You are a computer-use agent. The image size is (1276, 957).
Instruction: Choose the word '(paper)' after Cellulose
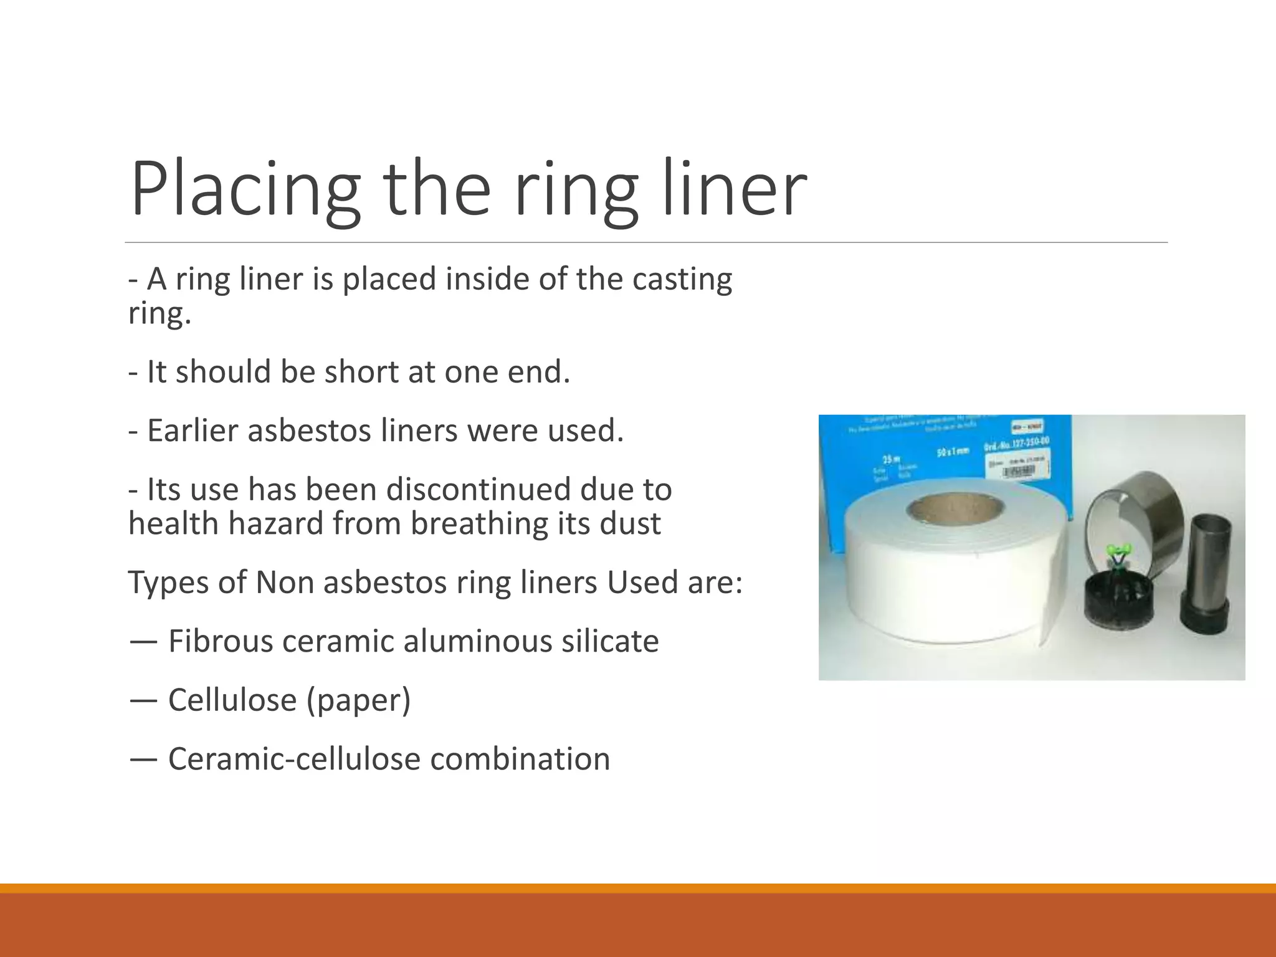point(358,700)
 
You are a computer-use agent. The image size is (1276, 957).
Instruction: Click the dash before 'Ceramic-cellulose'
point(143,759)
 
